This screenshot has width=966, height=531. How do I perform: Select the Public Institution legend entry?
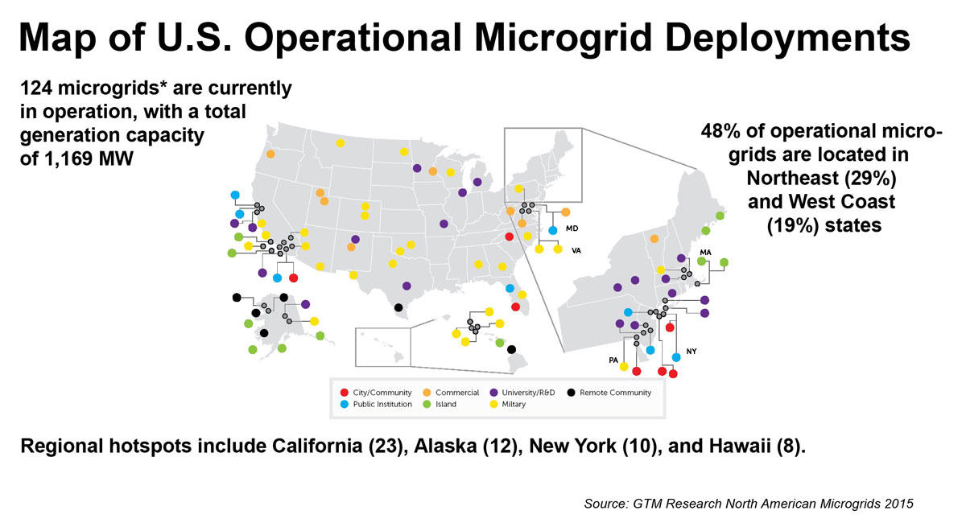pyautogui.click(x=378, y=405)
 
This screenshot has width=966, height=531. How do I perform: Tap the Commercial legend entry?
pyautogui.click(x=456, y=393)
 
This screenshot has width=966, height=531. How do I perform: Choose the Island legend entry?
pyautogui.click(x=445, y=405)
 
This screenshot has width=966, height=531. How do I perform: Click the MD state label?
pyautogui.click(x=572, y=228)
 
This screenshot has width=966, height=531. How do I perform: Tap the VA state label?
pyautogui.click(x=576, y=250)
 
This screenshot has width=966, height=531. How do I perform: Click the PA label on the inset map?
pyautogui.click(x=613, y=360)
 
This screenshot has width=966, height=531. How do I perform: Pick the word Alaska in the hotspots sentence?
pyautogui.click(x=442, y=447)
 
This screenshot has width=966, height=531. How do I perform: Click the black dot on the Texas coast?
pyautogui.click(x=398, y=307)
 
